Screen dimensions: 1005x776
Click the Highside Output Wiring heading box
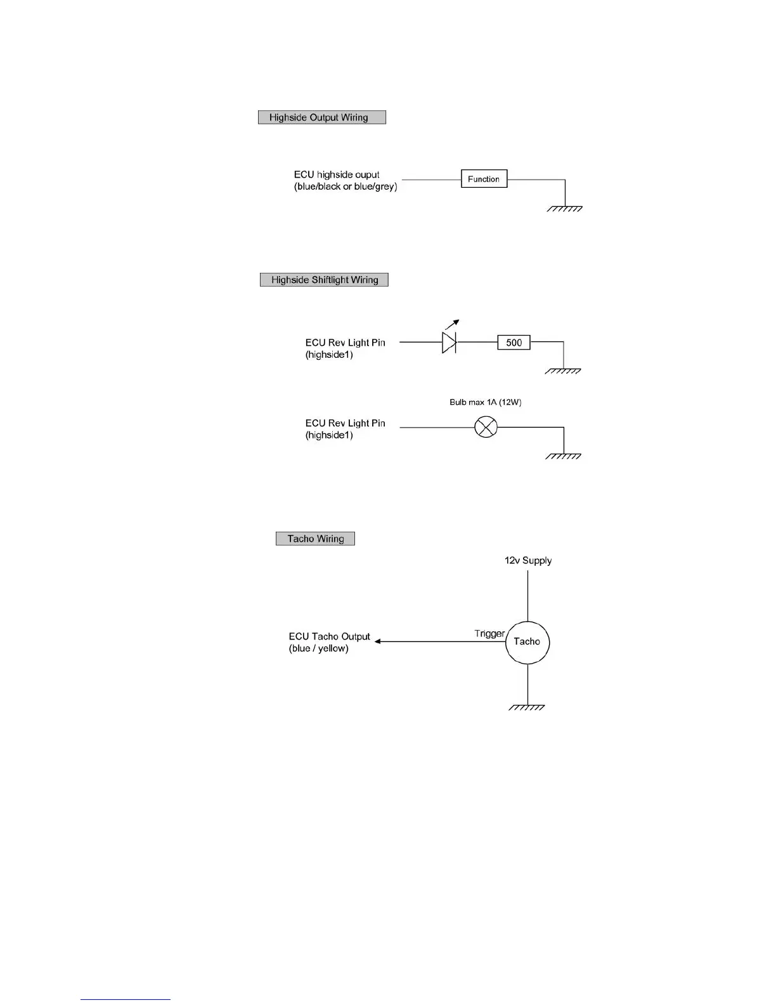321,117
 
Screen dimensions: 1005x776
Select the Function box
484,180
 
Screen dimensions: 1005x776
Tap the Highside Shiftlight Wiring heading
324,280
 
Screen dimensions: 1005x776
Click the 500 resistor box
514,343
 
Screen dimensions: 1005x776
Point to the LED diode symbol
449,343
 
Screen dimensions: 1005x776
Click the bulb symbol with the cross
486,428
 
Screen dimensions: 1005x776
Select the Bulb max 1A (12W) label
485,402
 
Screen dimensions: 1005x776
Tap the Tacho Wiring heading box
315,539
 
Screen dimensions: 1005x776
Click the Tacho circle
527,642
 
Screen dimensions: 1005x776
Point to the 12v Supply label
528,561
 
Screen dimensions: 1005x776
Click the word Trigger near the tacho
489,634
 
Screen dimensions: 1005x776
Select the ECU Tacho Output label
329,636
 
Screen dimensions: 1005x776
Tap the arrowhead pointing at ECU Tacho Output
378,641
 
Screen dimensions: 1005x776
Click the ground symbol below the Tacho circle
527,707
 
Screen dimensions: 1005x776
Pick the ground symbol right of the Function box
565,208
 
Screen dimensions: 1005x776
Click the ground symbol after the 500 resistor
564,371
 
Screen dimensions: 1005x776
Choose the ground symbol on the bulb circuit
564,456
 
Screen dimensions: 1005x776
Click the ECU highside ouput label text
337,174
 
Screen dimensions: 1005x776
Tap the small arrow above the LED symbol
452,324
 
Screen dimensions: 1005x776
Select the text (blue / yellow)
319,648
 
